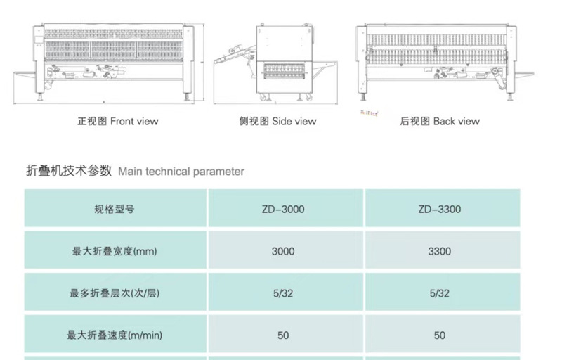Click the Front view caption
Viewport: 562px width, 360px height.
[x=117, y=121]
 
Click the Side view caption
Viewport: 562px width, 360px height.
[x=277, y=121]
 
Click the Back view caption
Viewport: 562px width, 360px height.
[x=440, y=121]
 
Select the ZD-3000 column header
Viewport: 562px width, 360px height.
[x=283, y=209]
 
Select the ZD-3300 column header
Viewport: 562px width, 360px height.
[x=439, y=209]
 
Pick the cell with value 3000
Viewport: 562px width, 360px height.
[x=283, y=251]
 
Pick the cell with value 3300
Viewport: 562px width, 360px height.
[x=439, y=251]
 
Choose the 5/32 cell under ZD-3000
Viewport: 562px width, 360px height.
[x=283, y=293]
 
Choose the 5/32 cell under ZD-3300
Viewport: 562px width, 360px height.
[x=439, y=293]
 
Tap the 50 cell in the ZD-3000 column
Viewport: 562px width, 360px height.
[x=283, y=335]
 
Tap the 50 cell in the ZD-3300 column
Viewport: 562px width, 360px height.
[x=439, y=335]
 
